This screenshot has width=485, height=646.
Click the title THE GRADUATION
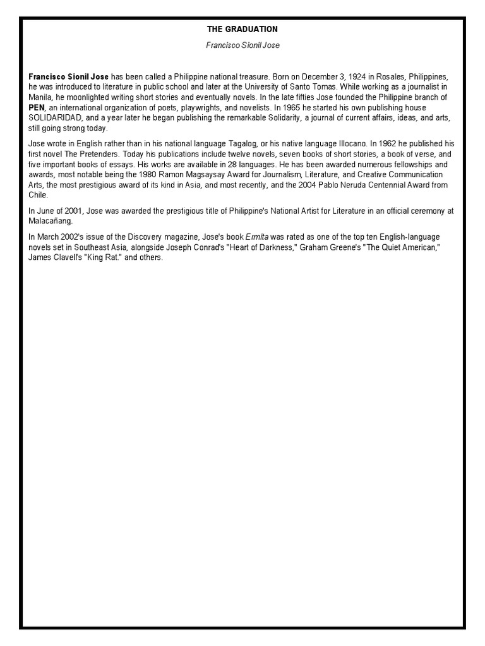coord(242,29)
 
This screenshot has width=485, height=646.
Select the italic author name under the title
coord(242,45)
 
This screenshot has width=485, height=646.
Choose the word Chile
coord(38,195)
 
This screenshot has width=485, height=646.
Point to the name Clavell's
coord(70,258)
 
